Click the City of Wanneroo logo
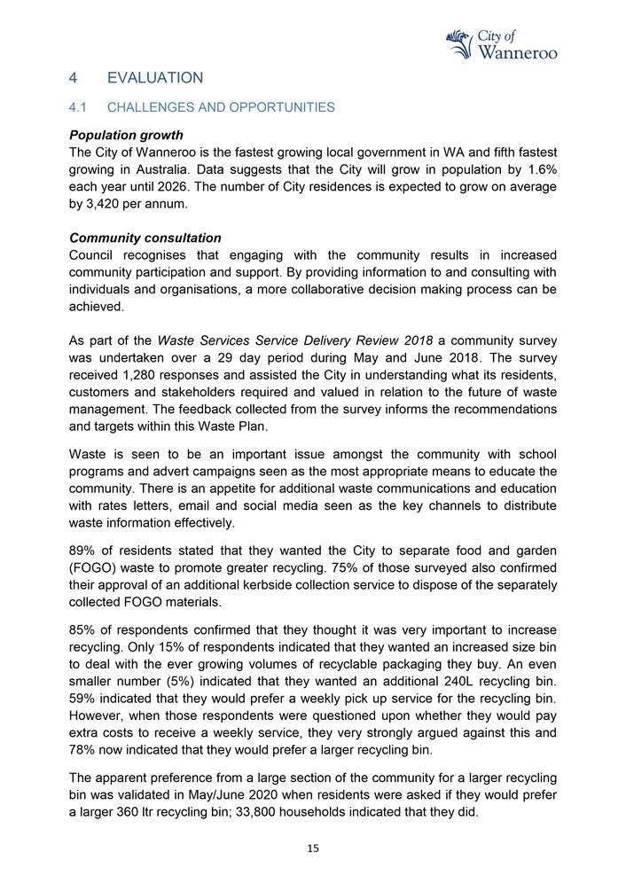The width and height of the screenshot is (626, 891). click(x=501, y=43)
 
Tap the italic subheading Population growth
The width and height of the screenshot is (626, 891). click(x=126, y=135)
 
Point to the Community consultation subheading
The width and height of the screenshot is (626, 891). click(x=145, y=238)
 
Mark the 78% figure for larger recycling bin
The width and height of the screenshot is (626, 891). click(x=83, y=750)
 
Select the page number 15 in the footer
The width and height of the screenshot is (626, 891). click(x=312, y=848)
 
